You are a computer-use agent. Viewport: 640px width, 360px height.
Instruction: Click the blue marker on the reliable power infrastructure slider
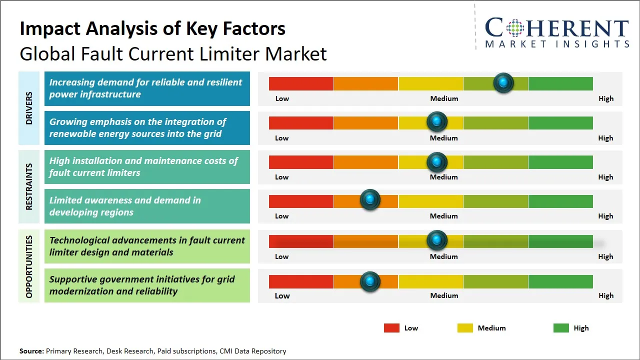(503, 82)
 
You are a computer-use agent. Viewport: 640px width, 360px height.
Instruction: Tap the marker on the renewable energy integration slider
(437, 121)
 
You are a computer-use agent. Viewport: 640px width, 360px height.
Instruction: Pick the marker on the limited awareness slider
(370, 200)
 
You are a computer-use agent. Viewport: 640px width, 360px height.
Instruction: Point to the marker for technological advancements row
(437, 240)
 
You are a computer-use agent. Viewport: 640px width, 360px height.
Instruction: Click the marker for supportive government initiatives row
(370, 281)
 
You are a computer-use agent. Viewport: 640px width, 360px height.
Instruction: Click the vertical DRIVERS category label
(29, 108)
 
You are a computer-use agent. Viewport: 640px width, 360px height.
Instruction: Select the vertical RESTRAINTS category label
(29, 186)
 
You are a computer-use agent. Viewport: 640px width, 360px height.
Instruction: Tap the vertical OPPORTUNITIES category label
(29, 266)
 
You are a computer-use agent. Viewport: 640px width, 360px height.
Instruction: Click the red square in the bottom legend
(391, 328)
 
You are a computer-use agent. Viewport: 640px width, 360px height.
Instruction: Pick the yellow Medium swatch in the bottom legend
(465, 328)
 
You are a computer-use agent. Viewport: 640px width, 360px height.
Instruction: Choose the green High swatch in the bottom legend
(561, 328)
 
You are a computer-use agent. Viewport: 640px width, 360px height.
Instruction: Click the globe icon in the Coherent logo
(514, 28)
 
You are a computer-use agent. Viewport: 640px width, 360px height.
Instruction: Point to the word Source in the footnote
(31, 351)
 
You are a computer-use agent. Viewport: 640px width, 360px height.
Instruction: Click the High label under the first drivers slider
(605, 98)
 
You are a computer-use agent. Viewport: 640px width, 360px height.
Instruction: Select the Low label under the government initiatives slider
(282, 295)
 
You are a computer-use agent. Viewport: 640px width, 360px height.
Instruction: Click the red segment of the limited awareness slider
(301, 201)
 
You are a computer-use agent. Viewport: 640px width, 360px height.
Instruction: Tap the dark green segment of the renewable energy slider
(560, 122)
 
